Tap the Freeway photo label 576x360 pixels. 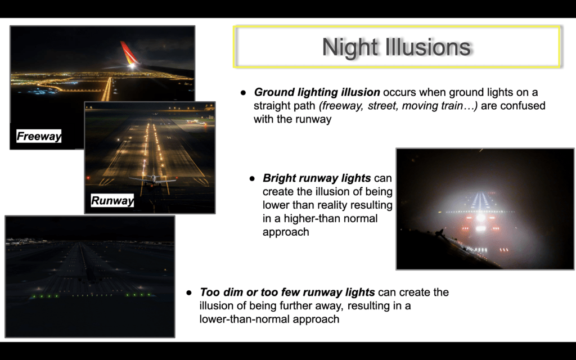pos(39,136)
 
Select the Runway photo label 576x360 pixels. pos(112,201)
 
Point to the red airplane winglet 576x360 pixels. pos(129,53)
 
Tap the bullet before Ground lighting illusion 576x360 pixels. pos(243,93)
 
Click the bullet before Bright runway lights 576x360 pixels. pos(252,178)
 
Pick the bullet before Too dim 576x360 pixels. pos(189,292)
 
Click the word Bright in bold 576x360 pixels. pos(280,178)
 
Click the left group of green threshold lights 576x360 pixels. pos(41,296)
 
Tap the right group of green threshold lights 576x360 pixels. pos(139,295)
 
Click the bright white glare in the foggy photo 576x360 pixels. pos(480,218)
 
